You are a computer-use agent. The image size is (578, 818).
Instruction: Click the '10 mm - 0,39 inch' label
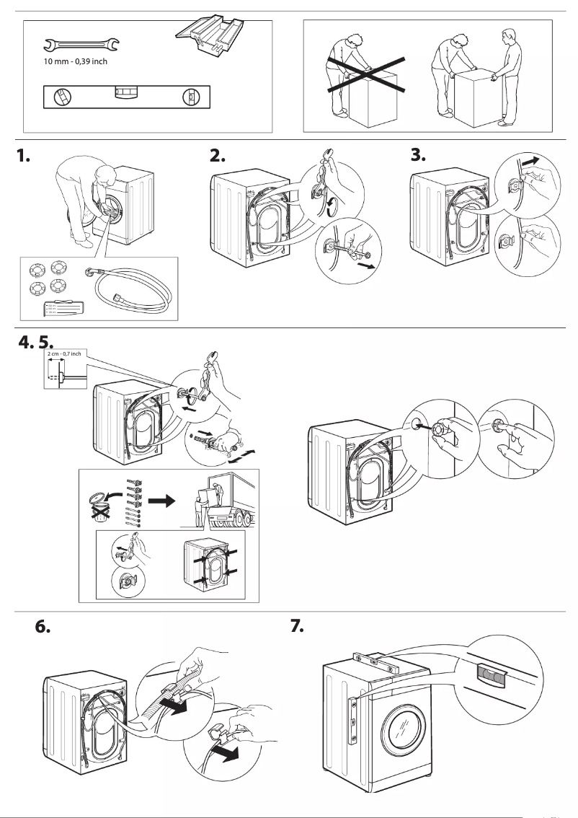coord(76,62)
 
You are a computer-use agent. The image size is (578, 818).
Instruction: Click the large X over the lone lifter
coord(365,74)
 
